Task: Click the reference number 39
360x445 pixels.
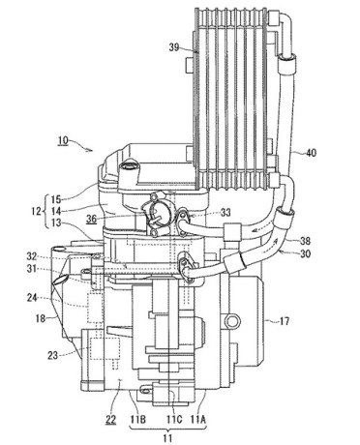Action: click(174, 47)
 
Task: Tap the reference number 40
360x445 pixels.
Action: click(311, 152)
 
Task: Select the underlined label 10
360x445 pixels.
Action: click(63, 140)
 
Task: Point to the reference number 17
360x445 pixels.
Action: click(284, 321)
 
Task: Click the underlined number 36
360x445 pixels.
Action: click(91, 219)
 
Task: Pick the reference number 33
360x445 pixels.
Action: click(225, 212)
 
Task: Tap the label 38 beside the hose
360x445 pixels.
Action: click(305, 241)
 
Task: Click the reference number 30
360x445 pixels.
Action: click(305, 253)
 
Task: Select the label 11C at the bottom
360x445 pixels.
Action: click(174, 419)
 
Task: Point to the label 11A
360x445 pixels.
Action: click(198, 419)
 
